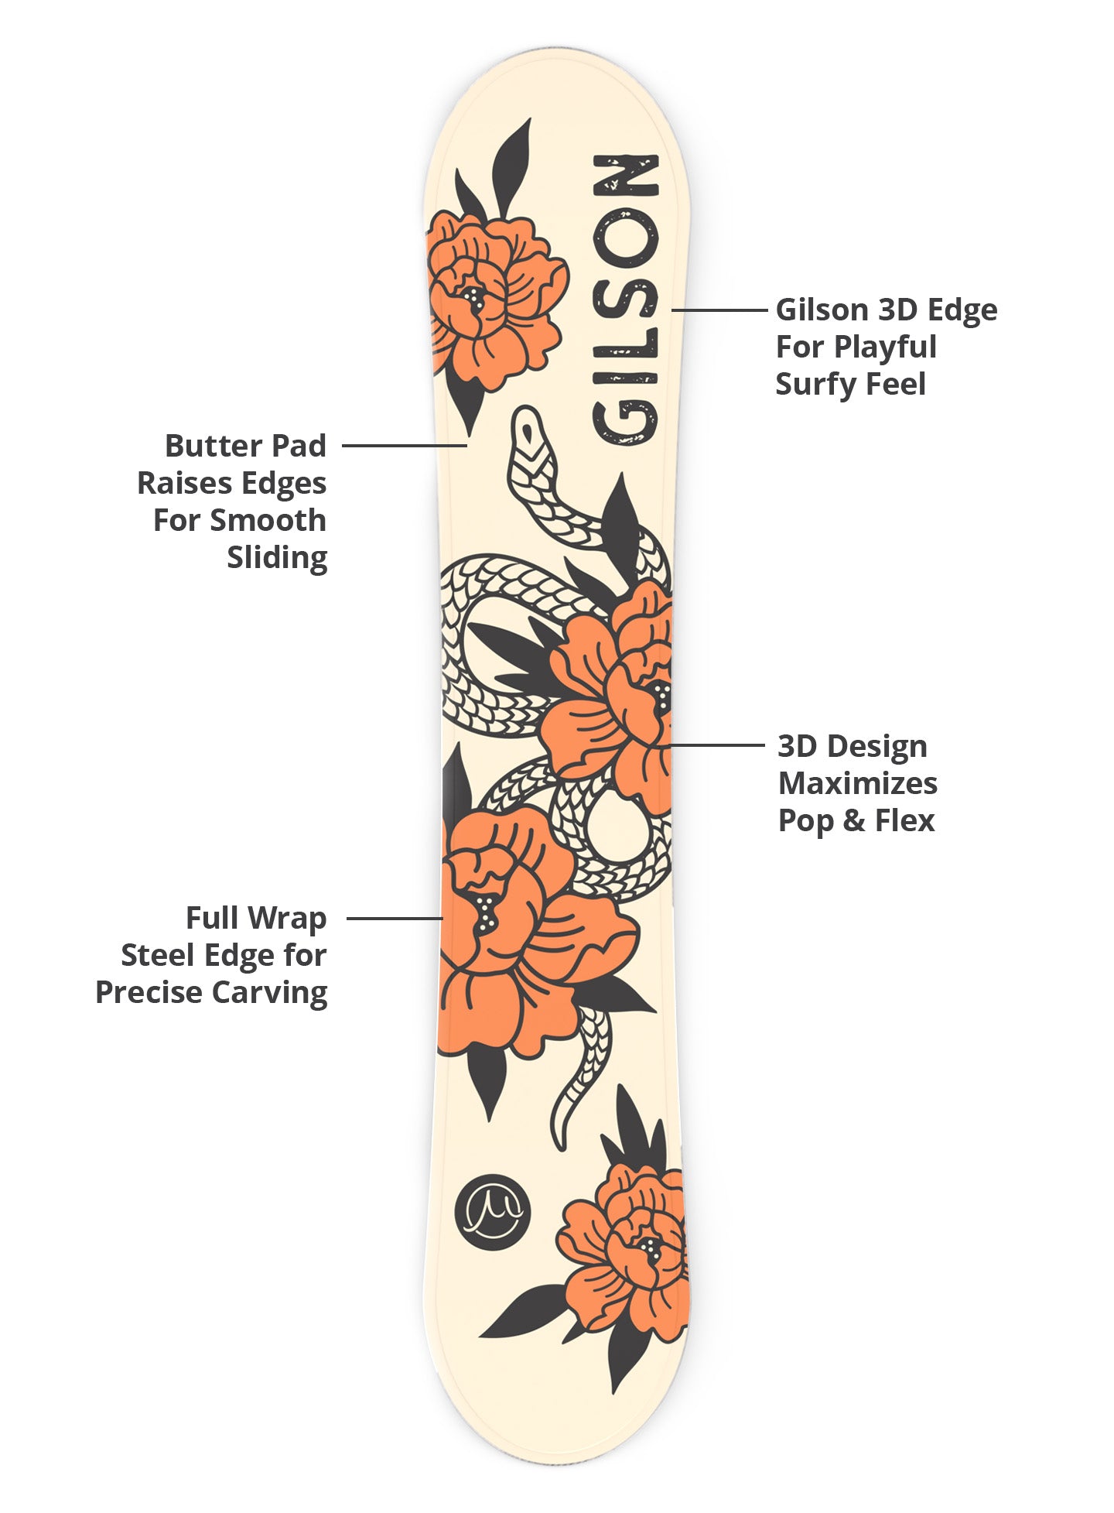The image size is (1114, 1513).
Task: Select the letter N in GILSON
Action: tap(625, 176)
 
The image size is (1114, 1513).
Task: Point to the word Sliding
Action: tap(277, 557)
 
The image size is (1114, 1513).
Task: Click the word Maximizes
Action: tap(857, 783)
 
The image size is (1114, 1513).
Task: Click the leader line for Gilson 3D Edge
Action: tap(719, 310)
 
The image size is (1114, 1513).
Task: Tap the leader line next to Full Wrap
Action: tap(395, 919)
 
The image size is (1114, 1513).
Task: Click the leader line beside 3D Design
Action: tap(716, 745)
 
